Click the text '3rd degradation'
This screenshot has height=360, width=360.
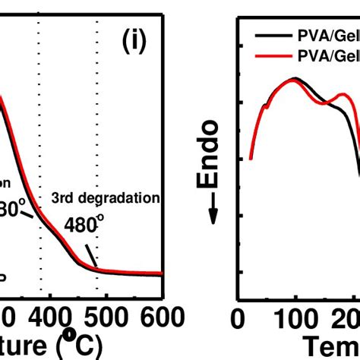pos(106,198)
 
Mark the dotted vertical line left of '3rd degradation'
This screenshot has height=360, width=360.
pos(39,114)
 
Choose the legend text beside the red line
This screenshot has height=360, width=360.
pos(326,55)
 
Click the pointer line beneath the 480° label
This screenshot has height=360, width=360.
pos(90,255)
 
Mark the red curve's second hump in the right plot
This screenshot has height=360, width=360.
pos(337,98)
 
